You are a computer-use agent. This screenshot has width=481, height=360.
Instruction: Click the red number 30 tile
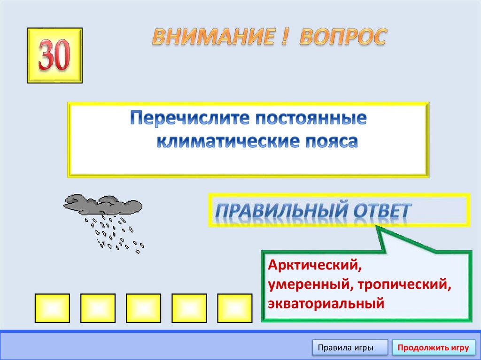coord(54,55)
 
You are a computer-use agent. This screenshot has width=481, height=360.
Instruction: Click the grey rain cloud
coord(103,204)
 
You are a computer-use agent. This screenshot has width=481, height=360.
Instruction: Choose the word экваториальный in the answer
coord(326,303)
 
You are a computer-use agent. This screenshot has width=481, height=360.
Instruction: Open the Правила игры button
coord(349,348)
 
